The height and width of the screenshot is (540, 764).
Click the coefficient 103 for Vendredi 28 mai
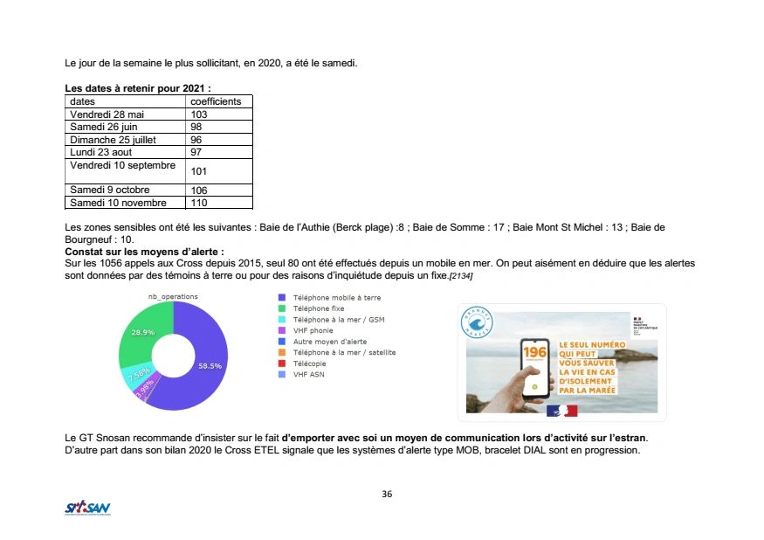point(198,114)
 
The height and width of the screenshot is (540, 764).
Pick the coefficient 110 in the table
point(199,203)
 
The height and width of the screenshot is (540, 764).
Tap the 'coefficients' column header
point(215,101)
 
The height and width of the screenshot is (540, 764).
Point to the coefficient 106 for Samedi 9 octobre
point(199,190)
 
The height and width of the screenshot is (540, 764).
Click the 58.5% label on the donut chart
point(210,366)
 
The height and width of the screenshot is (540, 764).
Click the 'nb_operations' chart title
point(174,296)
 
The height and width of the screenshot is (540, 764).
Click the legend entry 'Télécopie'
point(309,363)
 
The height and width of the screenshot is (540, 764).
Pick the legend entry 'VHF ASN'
point(309,375)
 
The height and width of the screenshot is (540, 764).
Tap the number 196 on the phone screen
point(533,352)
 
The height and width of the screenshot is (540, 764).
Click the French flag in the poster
point(562,409)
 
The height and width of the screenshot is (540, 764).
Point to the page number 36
point(387,495)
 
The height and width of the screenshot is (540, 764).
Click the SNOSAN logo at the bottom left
point(87,508)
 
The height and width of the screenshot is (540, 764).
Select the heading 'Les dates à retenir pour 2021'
point(138,89)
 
